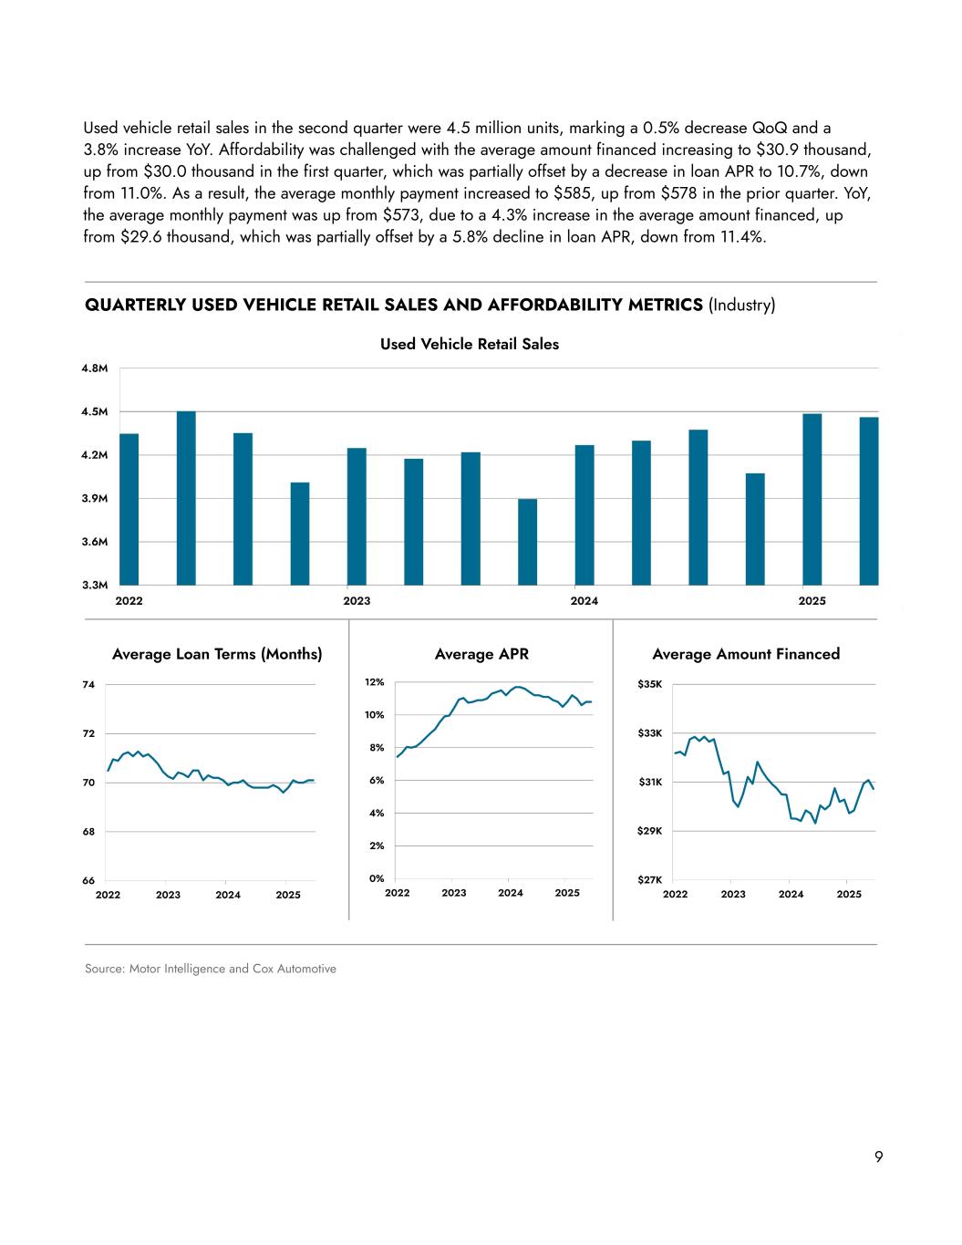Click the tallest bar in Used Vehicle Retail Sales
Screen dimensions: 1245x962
[186, 498]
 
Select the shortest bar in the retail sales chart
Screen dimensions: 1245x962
[527, 542]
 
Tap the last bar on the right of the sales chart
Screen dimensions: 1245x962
[869, 501]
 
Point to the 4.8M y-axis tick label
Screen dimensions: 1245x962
[96, 368]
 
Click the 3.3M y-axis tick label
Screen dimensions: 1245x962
[96, 585]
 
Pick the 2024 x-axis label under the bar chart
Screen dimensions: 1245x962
[584, 601]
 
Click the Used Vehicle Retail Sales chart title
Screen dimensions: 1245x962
[469, 344]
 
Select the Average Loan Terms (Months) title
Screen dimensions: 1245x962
[217, 654]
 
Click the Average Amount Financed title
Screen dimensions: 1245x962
[746, 654]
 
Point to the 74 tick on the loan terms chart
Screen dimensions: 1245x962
[88, 684]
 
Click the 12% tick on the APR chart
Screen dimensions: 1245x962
[374, 682]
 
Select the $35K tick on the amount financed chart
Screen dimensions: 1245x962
[650, 684]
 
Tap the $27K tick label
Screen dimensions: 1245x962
[650, 880]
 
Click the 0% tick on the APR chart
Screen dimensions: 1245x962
[375, 878]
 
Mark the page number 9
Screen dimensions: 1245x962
[878, 1157]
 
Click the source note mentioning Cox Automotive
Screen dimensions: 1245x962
[211, 969]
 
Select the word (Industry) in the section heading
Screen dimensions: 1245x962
[741, 305]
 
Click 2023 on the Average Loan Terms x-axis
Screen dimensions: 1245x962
[168, 895]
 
